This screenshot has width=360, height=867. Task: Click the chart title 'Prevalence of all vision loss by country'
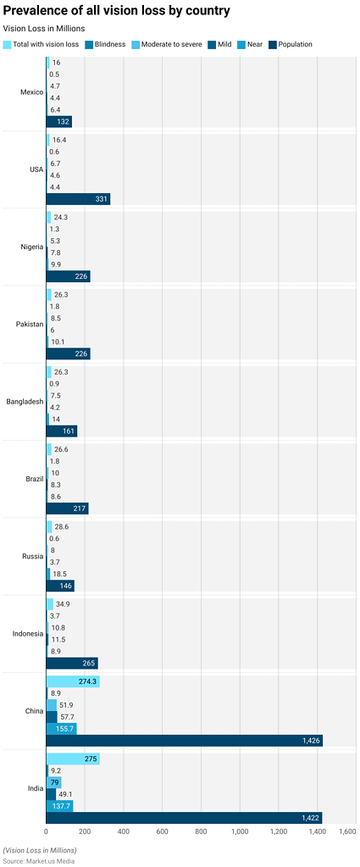116,11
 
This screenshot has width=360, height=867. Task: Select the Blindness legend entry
109,44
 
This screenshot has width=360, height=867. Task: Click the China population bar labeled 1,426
184,741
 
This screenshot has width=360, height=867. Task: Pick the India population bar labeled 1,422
184,818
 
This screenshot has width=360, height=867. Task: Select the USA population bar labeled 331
78,199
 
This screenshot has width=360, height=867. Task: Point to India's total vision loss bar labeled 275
73,759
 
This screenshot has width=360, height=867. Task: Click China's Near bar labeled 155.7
61,728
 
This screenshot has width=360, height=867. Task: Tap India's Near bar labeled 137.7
59,806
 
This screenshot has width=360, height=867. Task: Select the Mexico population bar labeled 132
59,122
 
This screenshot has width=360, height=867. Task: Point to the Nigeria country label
30,247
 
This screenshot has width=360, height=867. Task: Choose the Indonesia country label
23,634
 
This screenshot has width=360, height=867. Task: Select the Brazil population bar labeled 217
67,509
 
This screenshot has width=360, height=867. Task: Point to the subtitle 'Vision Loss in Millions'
44,29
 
